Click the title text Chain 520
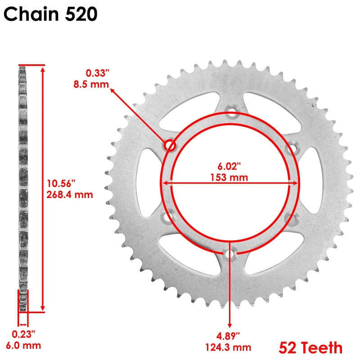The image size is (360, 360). click(x=50, y=15)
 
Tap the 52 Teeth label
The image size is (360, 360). click(x=310, y=347)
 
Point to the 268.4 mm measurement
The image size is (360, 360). click(x=69, y=194)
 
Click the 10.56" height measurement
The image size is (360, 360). click(x=61, y=183)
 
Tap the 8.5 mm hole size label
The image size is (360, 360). click(x=91, y=83)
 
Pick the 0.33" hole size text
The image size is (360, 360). click(x=97, y=72)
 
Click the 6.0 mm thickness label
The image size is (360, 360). click(x=23, y=346)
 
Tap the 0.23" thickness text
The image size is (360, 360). click(x=23, y=334)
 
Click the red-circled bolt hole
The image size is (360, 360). click(x=170, y=145)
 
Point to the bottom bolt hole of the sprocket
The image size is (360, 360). click(x=230, y=255)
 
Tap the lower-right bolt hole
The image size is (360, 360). click(x=291, y=218)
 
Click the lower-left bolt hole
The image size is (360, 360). click(x=169, y=217)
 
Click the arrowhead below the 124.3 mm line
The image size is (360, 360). click(x=230, y=324)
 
